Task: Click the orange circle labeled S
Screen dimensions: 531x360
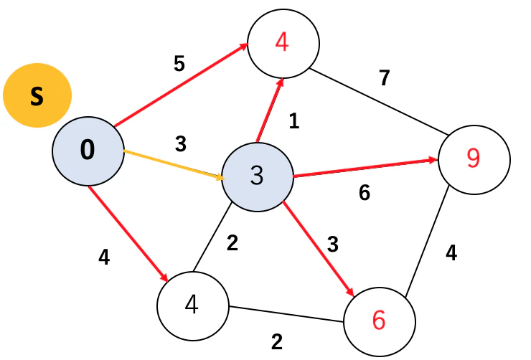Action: (37, 95)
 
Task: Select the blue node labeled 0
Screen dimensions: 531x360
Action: (88, 151)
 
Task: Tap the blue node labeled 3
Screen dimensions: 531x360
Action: (258, 177)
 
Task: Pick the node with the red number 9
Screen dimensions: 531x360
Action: (474, 159)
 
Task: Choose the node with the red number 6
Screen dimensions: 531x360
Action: (380, 321)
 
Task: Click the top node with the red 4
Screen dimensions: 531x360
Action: (283, 44)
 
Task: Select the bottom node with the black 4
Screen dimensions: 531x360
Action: (193, 306)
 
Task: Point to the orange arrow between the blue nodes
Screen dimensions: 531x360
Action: (174, 164)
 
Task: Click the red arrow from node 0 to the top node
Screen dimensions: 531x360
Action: (181, 85)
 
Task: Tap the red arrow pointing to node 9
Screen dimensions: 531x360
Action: (365, 168)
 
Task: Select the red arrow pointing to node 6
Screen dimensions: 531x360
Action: (319, 249)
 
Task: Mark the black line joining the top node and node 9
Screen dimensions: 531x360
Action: (380, 102)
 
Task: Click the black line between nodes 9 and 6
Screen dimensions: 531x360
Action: (428, 240)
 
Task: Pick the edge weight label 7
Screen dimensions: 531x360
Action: (385, 78)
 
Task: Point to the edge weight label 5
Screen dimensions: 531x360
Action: (179, 63)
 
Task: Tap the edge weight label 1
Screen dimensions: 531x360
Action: (294, 120)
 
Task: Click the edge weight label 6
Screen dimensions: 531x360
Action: (365, 193)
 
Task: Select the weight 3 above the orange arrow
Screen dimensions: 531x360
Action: (181, 144)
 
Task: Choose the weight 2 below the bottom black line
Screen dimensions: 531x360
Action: (277, 342)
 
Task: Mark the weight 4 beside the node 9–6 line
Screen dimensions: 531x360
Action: (451, 252)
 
